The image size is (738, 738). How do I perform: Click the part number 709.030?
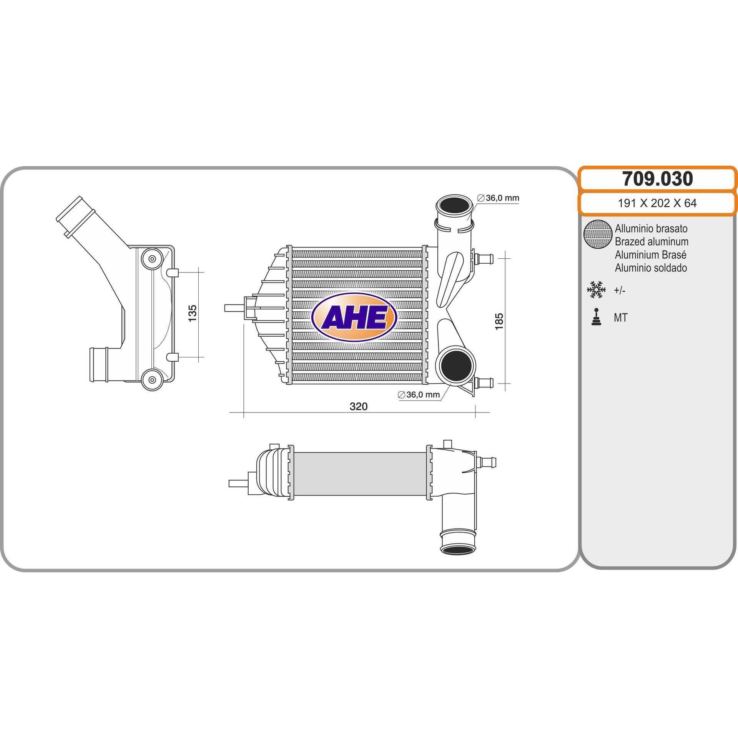coord(658,178)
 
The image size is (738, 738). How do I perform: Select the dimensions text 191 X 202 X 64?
coord(657,203)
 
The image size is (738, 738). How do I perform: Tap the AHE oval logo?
coord(354,317)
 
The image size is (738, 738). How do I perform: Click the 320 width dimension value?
coord(359,406)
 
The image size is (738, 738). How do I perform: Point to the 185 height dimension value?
coord(499,321)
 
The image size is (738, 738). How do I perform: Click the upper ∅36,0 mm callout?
coord(498,198)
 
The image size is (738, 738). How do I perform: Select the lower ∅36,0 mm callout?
coord(419,394)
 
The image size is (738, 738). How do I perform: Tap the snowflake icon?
coord(596,290)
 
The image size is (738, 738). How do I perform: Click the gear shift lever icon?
coord(597,317)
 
